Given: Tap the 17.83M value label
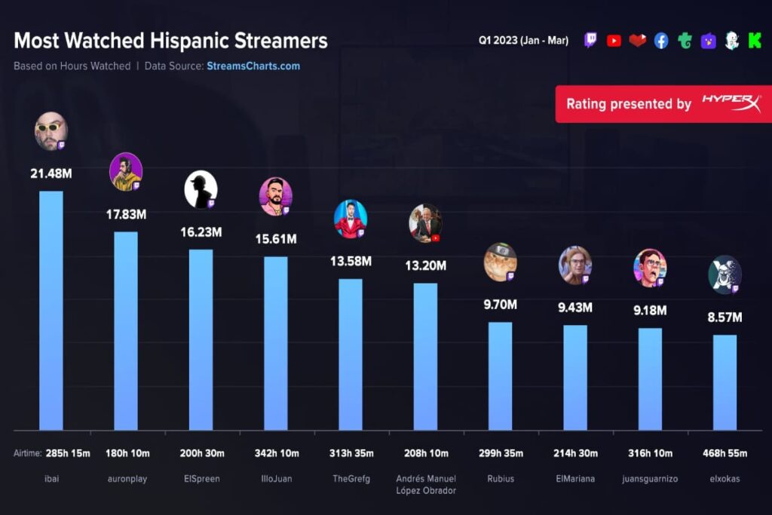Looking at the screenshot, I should pyautogui.click(x=126, y=214).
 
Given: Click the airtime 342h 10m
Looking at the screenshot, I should pyautogui.click(x=276, y=453).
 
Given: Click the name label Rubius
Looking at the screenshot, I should pyautogui.click(x=501, y=479).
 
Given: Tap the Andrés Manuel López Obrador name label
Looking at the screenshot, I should pyautogui.click(x=425, y=485).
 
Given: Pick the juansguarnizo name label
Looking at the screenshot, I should pyautogui.click(x=650, y=479).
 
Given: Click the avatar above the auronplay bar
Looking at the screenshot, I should pyautogui.click(x=125, y=171).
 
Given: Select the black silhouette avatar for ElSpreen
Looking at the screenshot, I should pyautogui.click(x=201, y=189).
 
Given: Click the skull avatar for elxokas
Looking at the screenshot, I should pyautogui.click(x=725, y=274).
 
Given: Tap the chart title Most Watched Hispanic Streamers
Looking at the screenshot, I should pyautogui.click(x=170, y=41).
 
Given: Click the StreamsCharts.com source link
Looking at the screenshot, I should pyautogui.click(x=253, y=66).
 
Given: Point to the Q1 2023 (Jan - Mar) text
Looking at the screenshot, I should pyautogui.click(x=523, y=41).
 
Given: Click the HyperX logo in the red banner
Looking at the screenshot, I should pyautogui.click(x=731, y=103).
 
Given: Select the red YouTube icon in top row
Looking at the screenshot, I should pyautogui.click(x=614, y=41).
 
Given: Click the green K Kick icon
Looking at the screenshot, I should pyautogui.click(x=754, y=41).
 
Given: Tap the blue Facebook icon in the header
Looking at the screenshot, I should pyautogui.click(x=661, y=41).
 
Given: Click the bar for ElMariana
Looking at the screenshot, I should pyautogui.click(x=575, y=377).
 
